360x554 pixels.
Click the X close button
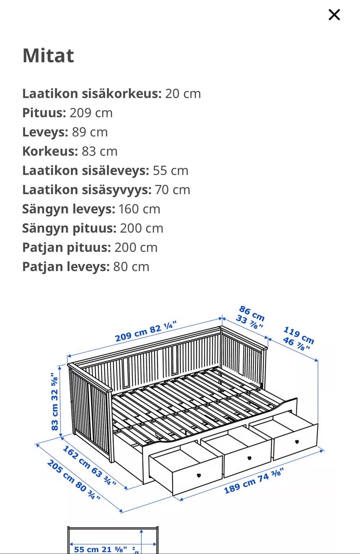click(334, 15)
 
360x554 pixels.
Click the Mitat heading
click(48, 56)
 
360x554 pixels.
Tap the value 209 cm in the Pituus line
click(91, 113)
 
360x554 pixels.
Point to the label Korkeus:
click(50, 151)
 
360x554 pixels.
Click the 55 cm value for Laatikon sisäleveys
click(171, 171)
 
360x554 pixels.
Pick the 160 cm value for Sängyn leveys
click(139, 209)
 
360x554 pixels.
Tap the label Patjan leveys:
click(66, 267)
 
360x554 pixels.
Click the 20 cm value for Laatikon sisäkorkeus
click(183, 94)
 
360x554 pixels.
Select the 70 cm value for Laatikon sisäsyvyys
click(172, 190)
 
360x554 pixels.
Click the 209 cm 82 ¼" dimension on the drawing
click(145, 331)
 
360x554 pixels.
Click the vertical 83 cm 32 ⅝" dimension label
click(55, 401)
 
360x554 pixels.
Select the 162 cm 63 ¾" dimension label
click(89, 466)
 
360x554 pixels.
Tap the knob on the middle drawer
click(249, 458)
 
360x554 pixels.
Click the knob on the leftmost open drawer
click(199, 475)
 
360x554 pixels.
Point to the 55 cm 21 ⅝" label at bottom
click(100, 549)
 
